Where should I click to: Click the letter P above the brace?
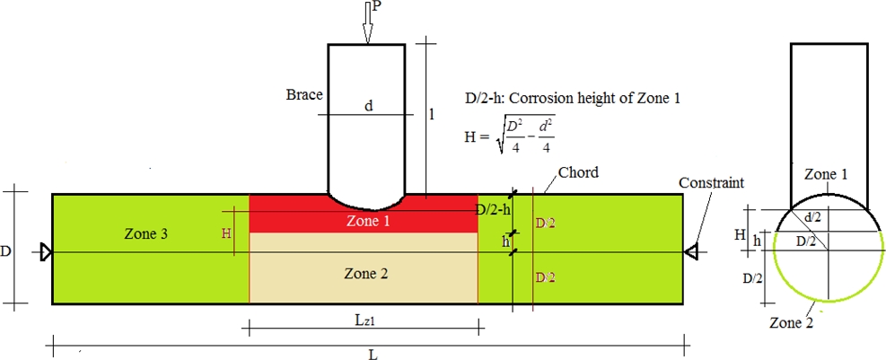[x=377, y=6]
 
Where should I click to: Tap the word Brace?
[x=304, y=94]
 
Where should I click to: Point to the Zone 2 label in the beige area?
[x=366, y=273]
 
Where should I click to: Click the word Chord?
[x=578, y=171]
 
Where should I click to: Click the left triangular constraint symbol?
[x=47, y=252]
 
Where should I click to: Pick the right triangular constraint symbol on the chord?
[x=690, y=252]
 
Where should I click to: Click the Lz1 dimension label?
[x=365, y=320]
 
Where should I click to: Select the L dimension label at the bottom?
[x=373, y=354]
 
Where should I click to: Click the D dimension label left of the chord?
[x=7, y=252]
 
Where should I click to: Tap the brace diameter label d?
[x=368, y=106]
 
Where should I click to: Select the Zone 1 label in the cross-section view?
[x=826, y=174]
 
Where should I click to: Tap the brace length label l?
[x=432, y=114]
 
